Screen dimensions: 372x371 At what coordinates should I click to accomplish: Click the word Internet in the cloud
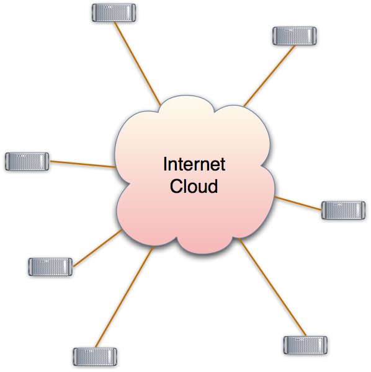pos(194,165)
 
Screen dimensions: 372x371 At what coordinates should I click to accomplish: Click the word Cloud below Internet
pos(194,186)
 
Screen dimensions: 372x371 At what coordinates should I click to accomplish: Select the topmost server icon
pos(114,13)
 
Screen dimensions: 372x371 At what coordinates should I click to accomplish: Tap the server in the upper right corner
pos(295,36)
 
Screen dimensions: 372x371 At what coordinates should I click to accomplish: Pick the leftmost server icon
pos(27,161)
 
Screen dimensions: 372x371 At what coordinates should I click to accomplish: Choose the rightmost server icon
pos(343,210)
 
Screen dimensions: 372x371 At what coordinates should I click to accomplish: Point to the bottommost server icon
pos(95,356)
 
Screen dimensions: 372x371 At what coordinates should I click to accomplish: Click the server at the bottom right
pos(305,345)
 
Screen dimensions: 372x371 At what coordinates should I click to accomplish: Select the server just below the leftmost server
pos(50,267)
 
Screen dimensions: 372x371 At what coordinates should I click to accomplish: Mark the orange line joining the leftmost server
pos(82,164)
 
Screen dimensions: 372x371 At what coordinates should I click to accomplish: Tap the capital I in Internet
pos(165,165)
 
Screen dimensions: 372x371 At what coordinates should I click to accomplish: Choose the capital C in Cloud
pos(176,186)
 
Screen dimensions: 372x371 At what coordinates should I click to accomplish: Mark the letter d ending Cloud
pos(213,186)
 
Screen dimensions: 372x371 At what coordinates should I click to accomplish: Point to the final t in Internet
pos(223,165)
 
